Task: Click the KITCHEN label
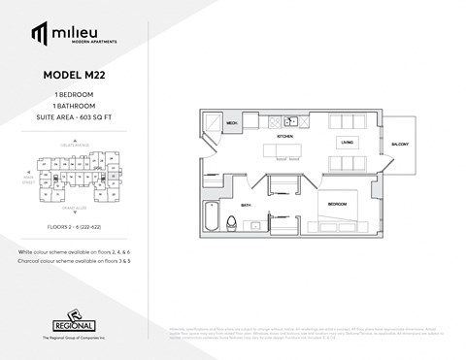pos(285,137)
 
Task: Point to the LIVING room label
pos(346,142)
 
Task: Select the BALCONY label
pos(401,145)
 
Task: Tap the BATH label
pos(246,205)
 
